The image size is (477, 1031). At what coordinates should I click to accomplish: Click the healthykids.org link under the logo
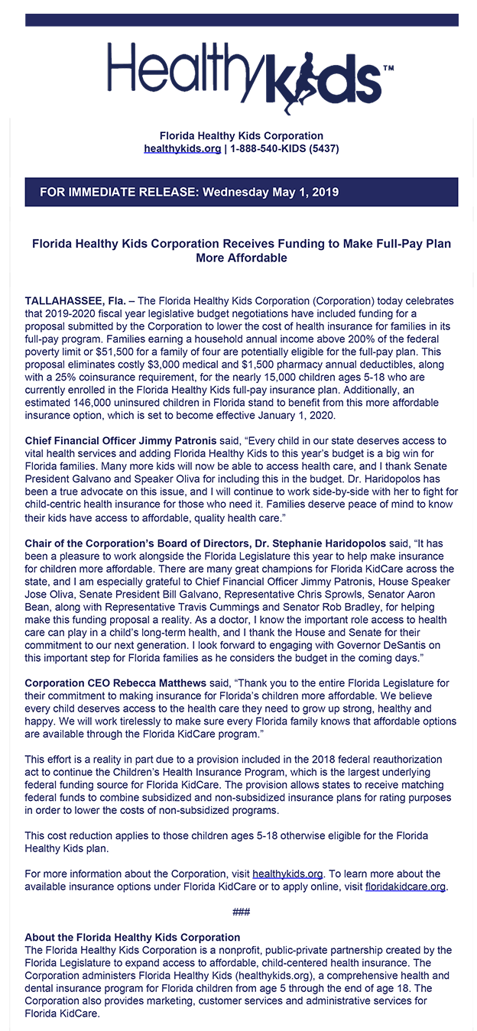click(182, 148)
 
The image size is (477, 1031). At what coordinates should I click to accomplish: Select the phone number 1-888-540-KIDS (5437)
click(284, 148)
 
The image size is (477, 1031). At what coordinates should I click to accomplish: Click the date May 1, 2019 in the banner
click(305, 192)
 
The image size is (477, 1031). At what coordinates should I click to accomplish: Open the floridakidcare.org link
click(405, 886)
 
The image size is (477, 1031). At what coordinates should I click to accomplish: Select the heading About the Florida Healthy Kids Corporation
click(132, 937)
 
